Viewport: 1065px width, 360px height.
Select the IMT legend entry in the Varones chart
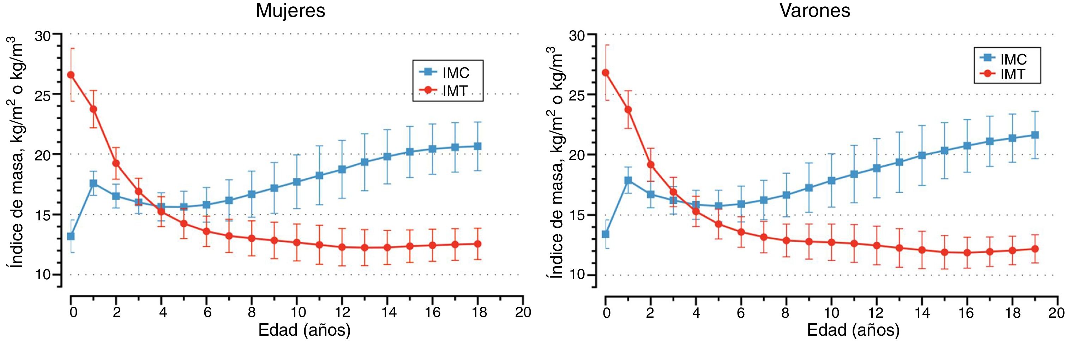pyautogui.click(x=1012, y=74)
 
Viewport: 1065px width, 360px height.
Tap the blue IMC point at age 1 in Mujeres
pyautogui.click(x=94, y=183)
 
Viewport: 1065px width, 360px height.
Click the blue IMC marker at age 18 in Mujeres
pyautogui.click(x=477, y=146)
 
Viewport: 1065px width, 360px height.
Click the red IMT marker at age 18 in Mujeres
pyautogui.click(x=477, y=244)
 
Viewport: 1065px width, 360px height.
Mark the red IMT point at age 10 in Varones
pyautogui.click(x=831, y=242)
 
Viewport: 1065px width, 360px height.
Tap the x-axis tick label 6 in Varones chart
pyautogui.click(x=740, y=312)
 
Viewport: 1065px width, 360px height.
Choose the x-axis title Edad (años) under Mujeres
pyautogui.click(x=304, y=330)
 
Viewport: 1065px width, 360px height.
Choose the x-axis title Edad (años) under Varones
pyautogui.click(x=853, y=330)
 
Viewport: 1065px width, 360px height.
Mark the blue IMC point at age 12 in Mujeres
pyautogui.click(x=342, y=170)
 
